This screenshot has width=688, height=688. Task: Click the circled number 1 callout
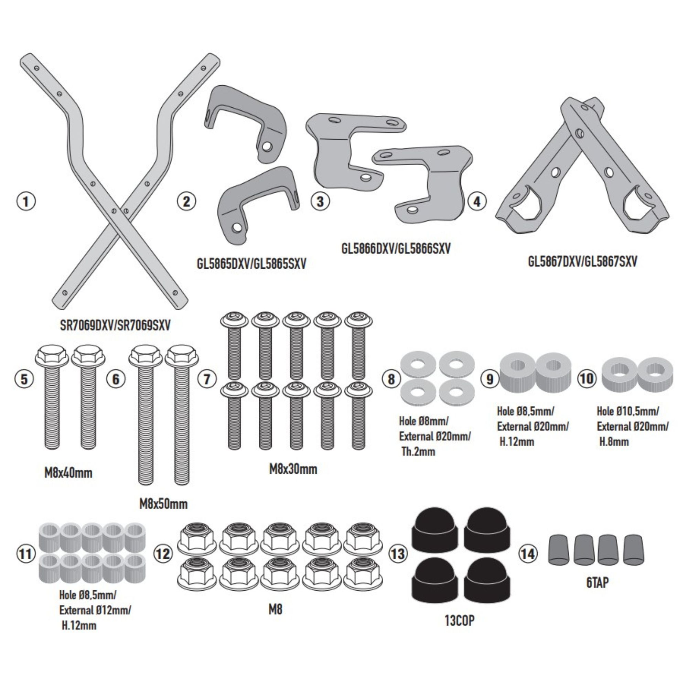pyautogui.click(x=26, y=202)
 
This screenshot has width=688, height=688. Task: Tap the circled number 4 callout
pyautogui.click(x=477, y=202)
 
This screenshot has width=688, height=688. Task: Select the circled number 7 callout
pyautogui.click(x=207, y=379)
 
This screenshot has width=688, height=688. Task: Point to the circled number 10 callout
pyautogui.click(x=587, y=378)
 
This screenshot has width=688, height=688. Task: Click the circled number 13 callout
pyautogui.click(x=398, y=554)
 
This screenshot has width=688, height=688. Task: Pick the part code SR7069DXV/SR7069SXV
pyautogui.click(x=115, y=325)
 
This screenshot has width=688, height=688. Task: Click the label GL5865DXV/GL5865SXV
pyautogui.click(x=251, y=264)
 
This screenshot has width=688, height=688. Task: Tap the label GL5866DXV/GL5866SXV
pyautogui.click(x=396, y=248)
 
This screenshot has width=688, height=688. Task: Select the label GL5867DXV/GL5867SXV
pyautogui.click(x=582, y=262)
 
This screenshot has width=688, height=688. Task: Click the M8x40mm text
pyautogui.click(x=68, y=473)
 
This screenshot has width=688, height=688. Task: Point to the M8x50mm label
pyautogui.click(x=163, y=504)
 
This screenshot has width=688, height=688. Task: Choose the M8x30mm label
pyautogui.click(x=293, y=469)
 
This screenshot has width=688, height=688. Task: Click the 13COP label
pyautogui.click(x=459, y=621)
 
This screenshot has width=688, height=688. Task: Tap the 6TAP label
pyautogui.click(x=598, y=583)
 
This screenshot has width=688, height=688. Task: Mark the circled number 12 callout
pyautogui.click(x=163, y=554)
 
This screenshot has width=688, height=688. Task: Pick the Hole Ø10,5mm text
pyautogui.click(x=628, y=411)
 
